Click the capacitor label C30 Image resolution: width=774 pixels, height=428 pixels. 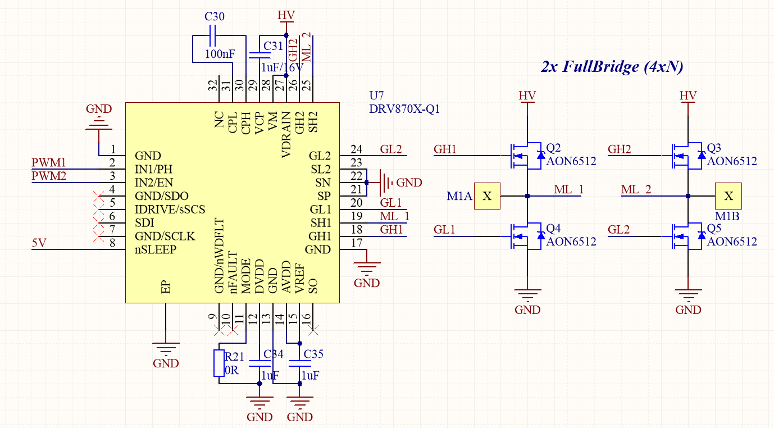click(x=215, y=17)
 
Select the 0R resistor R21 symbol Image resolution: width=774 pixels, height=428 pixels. click(x=218, y=363)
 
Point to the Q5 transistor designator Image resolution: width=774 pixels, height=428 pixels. click(x=714, y=229)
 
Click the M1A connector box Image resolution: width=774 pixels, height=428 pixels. click(x=487, y=196)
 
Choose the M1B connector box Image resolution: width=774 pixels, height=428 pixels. click(x=728, y=196)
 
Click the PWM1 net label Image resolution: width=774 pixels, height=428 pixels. click(x=49, y=163)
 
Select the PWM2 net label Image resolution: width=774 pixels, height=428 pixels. click(x=49, y=176)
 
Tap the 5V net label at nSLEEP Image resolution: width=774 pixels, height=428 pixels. click(x=39, y=243)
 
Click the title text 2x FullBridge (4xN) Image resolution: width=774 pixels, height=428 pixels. click(x=612, y=67)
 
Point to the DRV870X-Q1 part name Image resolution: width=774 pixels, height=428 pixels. click(x=404, y=109)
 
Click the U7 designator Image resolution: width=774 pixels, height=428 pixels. click(x=376, y=95)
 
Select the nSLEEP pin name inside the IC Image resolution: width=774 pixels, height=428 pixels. click(x=156, y=250)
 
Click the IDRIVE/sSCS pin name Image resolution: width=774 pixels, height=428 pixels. click(x=170, y=210)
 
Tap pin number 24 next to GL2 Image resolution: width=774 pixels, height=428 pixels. click(x=356, y=149)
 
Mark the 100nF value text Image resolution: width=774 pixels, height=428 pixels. click(x=220, y=54)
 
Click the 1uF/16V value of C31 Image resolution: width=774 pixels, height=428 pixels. click(x=282, y=67)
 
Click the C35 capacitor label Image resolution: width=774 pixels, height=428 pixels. click(x=313, y=354)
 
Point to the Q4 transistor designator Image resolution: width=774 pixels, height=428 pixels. click(x=553, y=229)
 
